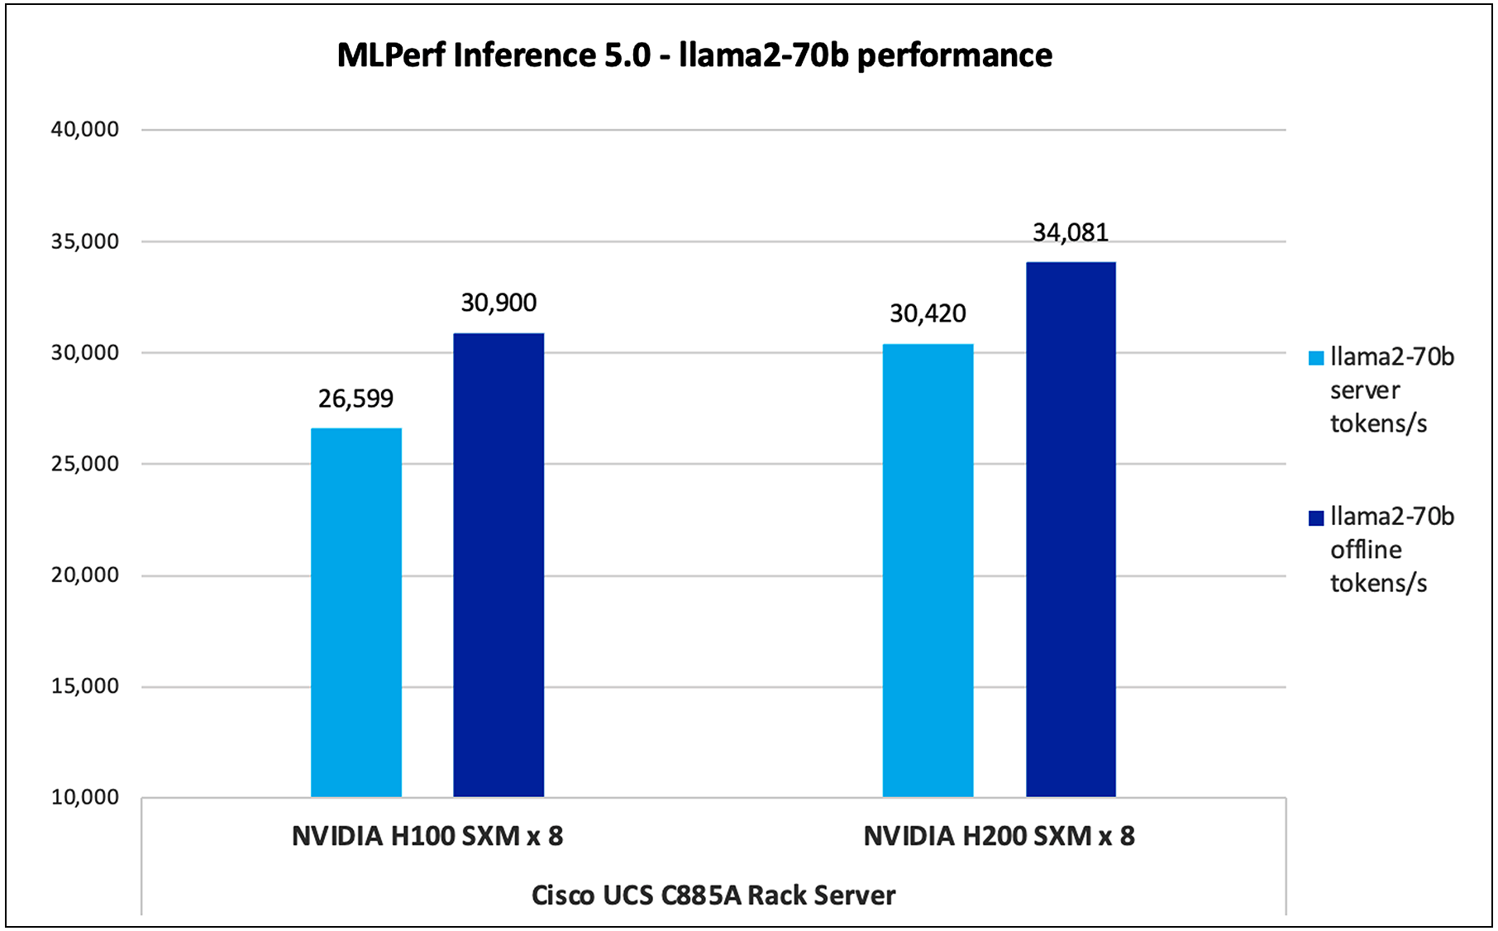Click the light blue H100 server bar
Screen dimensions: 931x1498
[356, 612]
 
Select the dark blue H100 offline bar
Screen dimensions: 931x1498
[499, 565]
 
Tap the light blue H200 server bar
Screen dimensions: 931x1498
[928, 571]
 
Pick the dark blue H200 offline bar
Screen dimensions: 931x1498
[1071, 529]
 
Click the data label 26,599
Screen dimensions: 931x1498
[356, 399]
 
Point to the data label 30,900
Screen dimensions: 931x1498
[499, 303]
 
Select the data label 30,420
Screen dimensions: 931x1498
[928, 313]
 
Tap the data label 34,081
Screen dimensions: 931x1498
[1071, 232]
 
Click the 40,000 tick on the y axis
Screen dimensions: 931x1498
[84, 129]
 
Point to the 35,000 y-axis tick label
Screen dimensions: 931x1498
[84, 241]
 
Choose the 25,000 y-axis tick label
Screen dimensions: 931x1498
[84, 464]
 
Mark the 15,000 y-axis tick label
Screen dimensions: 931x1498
[84, 686]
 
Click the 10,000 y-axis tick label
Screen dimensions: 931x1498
[84, 797]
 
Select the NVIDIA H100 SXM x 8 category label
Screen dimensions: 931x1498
[427, 836]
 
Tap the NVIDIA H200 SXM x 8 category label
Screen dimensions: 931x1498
[999, 836]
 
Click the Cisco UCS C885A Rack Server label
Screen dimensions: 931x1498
[713, 895]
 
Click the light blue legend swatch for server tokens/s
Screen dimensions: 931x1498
[1316, 358]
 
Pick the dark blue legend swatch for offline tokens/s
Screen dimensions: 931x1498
[1316, 518]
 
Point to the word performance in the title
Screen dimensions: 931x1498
[954, 55]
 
